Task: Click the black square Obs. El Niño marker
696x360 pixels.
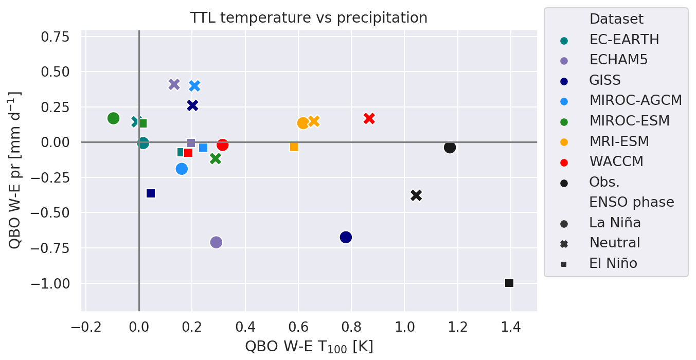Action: pos(509,283)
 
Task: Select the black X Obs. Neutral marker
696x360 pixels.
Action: pos(416,195)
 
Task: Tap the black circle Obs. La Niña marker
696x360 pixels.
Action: pos(450,148)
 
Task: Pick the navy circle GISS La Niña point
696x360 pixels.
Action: pos(346,237)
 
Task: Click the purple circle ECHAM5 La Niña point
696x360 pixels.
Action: pos(216,242)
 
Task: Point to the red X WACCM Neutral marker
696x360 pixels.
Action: pos(369,118)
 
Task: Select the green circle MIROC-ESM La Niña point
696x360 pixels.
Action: pos(113,118)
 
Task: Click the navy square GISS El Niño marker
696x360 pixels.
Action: pos(151,193)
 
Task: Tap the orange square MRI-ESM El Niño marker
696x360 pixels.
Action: pos(294,147)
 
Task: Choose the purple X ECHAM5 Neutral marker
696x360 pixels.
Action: pos(174,84)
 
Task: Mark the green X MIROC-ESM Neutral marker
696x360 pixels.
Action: pos(216,159)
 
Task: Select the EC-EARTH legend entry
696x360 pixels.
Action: pos(624,39)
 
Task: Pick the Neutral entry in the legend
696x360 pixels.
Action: pos(615,243)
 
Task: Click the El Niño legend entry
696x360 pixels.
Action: pos(613,263)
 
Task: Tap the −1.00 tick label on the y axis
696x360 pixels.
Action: pos(56,284)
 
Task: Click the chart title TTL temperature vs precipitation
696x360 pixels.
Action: pos(309,18)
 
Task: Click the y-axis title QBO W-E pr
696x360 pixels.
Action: pos(15,170)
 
